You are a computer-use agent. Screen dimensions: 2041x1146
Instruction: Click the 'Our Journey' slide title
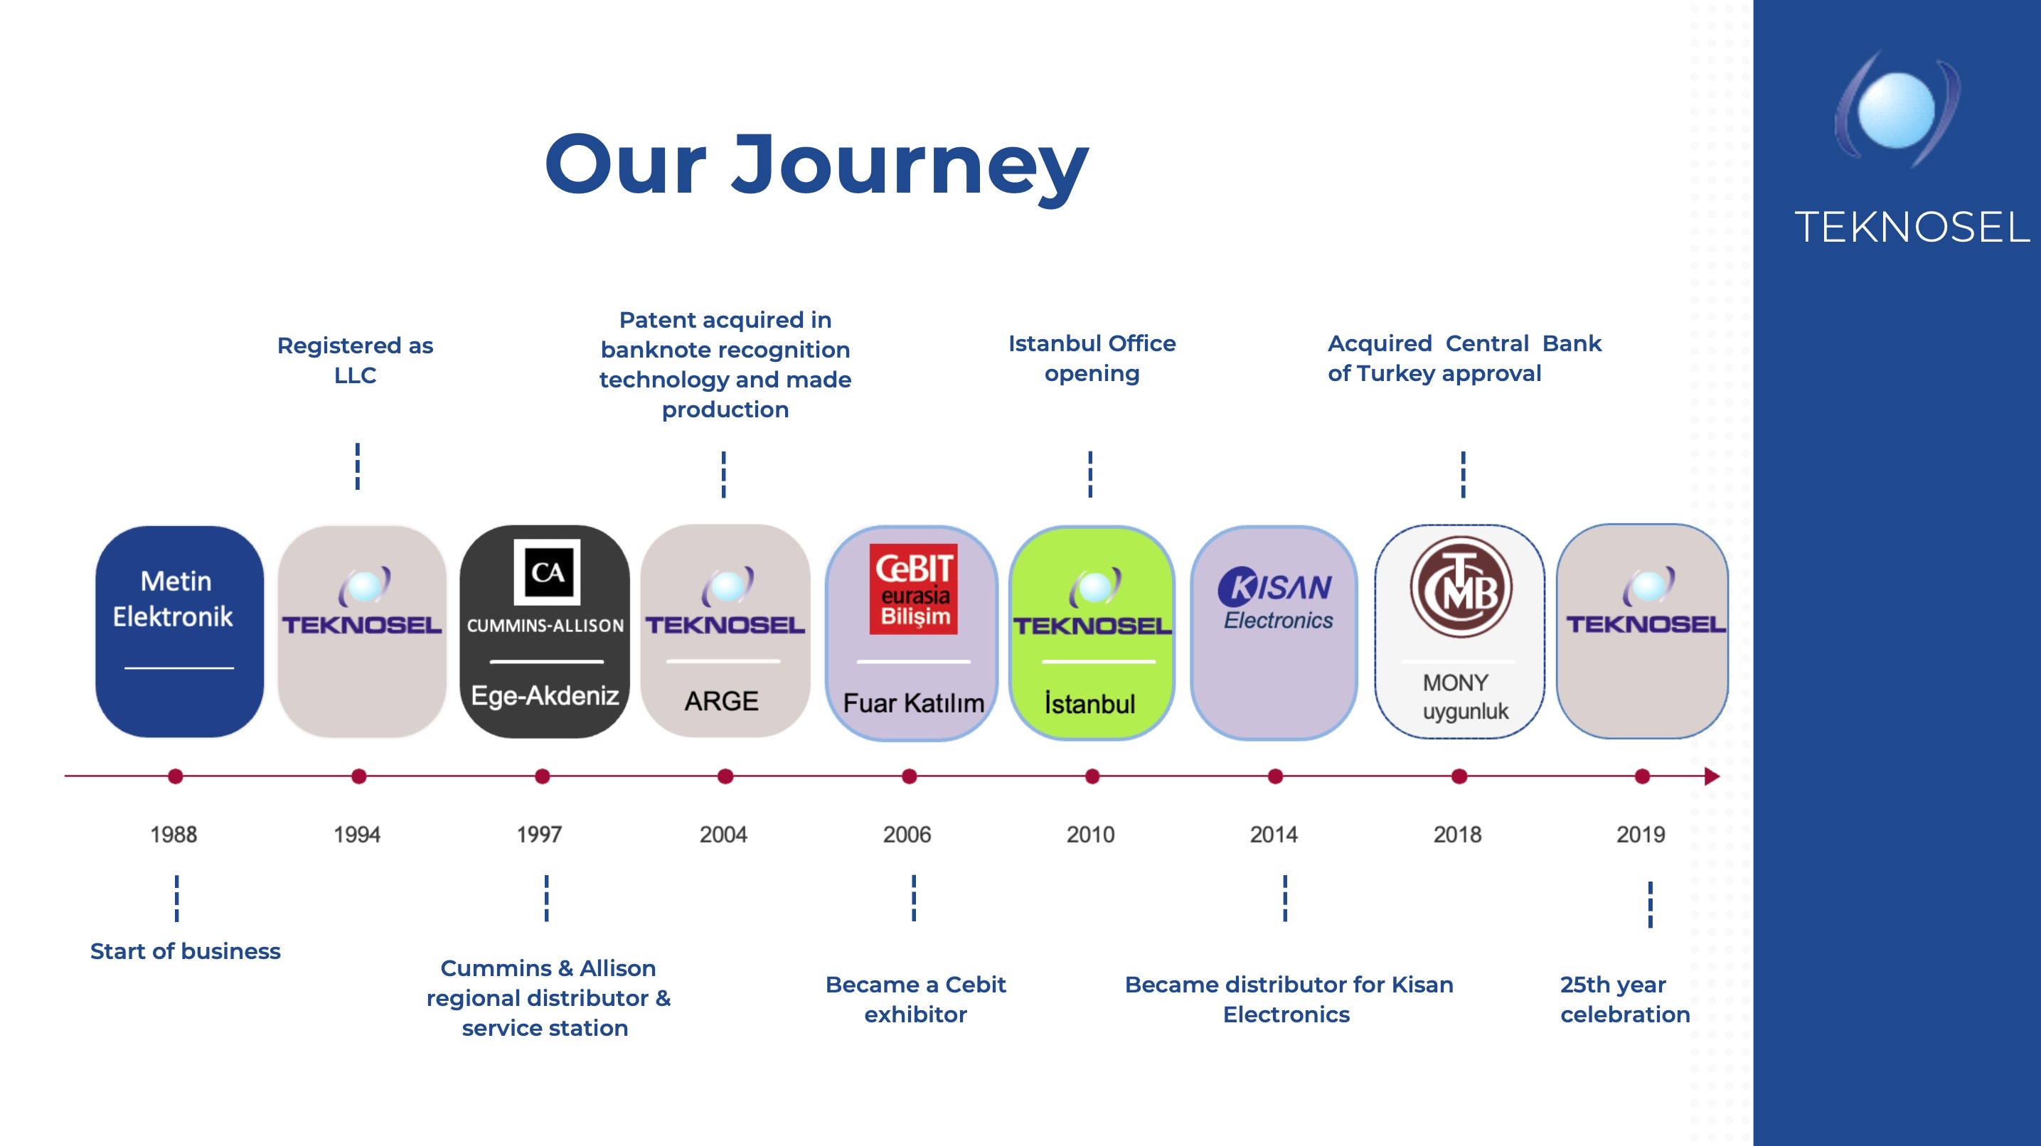click(816, 166)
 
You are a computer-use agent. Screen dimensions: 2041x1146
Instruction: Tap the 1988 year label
click(174, 834)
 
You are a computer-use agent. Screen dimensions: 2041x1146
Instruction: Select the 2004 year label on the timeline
click(723, 834)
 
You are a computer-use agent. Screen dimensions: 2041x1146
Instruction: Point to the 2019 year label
click(1640, 834)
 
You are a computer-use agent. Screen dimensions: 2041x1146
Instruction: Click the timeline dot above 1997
click(542, 776)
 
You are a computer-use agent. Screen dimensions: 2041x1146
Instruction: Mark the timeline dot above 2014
click(1275, 776)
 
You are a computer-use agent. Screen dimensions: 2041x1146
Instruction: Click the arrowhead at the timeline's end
click(1712, 776)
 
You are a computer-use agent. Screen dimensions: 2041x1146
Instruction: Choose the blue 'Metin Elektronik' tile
click(179, 631)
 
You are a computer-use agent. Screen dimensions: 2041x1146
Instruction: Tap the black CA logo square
click(547, 572)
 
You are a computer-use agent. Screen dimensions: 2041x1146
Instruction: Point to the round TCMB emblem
click(1460, 587)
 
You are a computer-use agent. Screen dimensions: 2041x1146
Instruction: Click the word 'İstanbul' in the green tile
click(1089, 703)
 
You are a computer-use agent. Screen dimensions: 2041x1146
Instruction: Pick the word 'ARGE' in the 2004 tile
click(721, 701)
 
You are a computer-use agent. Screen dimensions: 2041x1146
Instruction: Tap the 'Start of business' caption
click(186, 951)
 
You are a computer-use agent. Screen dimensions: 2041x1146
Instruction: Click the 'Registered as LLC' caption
click(355, 360)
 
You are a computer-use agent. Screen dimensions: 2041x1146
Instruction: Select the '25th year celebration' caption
click(1624, 1000)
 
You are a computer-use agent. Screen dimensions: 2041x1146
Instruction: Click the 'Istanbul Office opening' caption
click(1092, 358)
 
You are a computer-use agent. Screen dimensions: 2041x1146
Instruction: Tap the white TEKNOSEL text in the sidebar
click(1912, 227)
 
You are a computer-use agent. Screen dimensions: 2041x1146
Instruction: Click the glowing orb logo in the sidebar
click(1897, 109)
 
